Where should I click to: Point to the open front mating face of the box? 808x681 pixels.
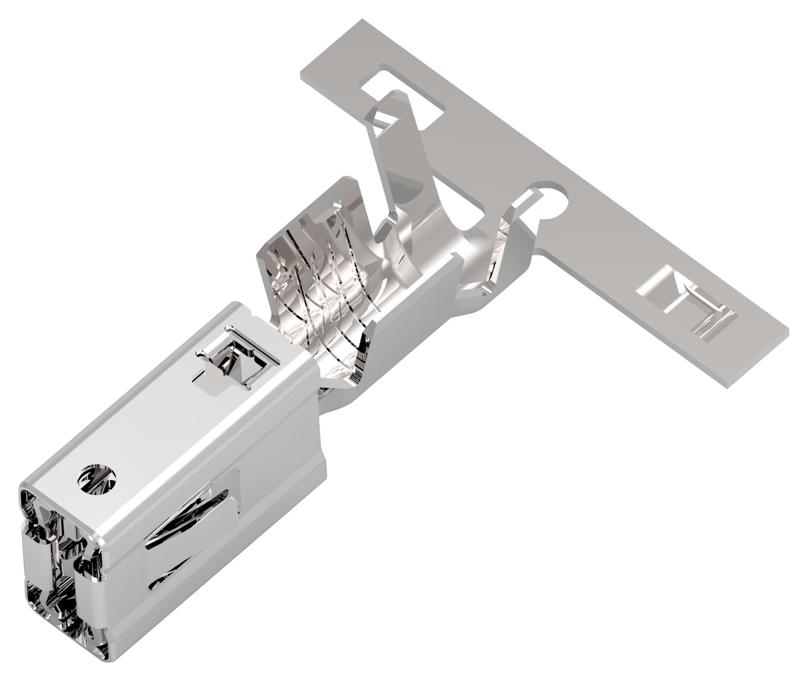(57, 566)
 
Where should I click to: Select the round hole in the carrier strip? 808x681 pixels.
(551, 198)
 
